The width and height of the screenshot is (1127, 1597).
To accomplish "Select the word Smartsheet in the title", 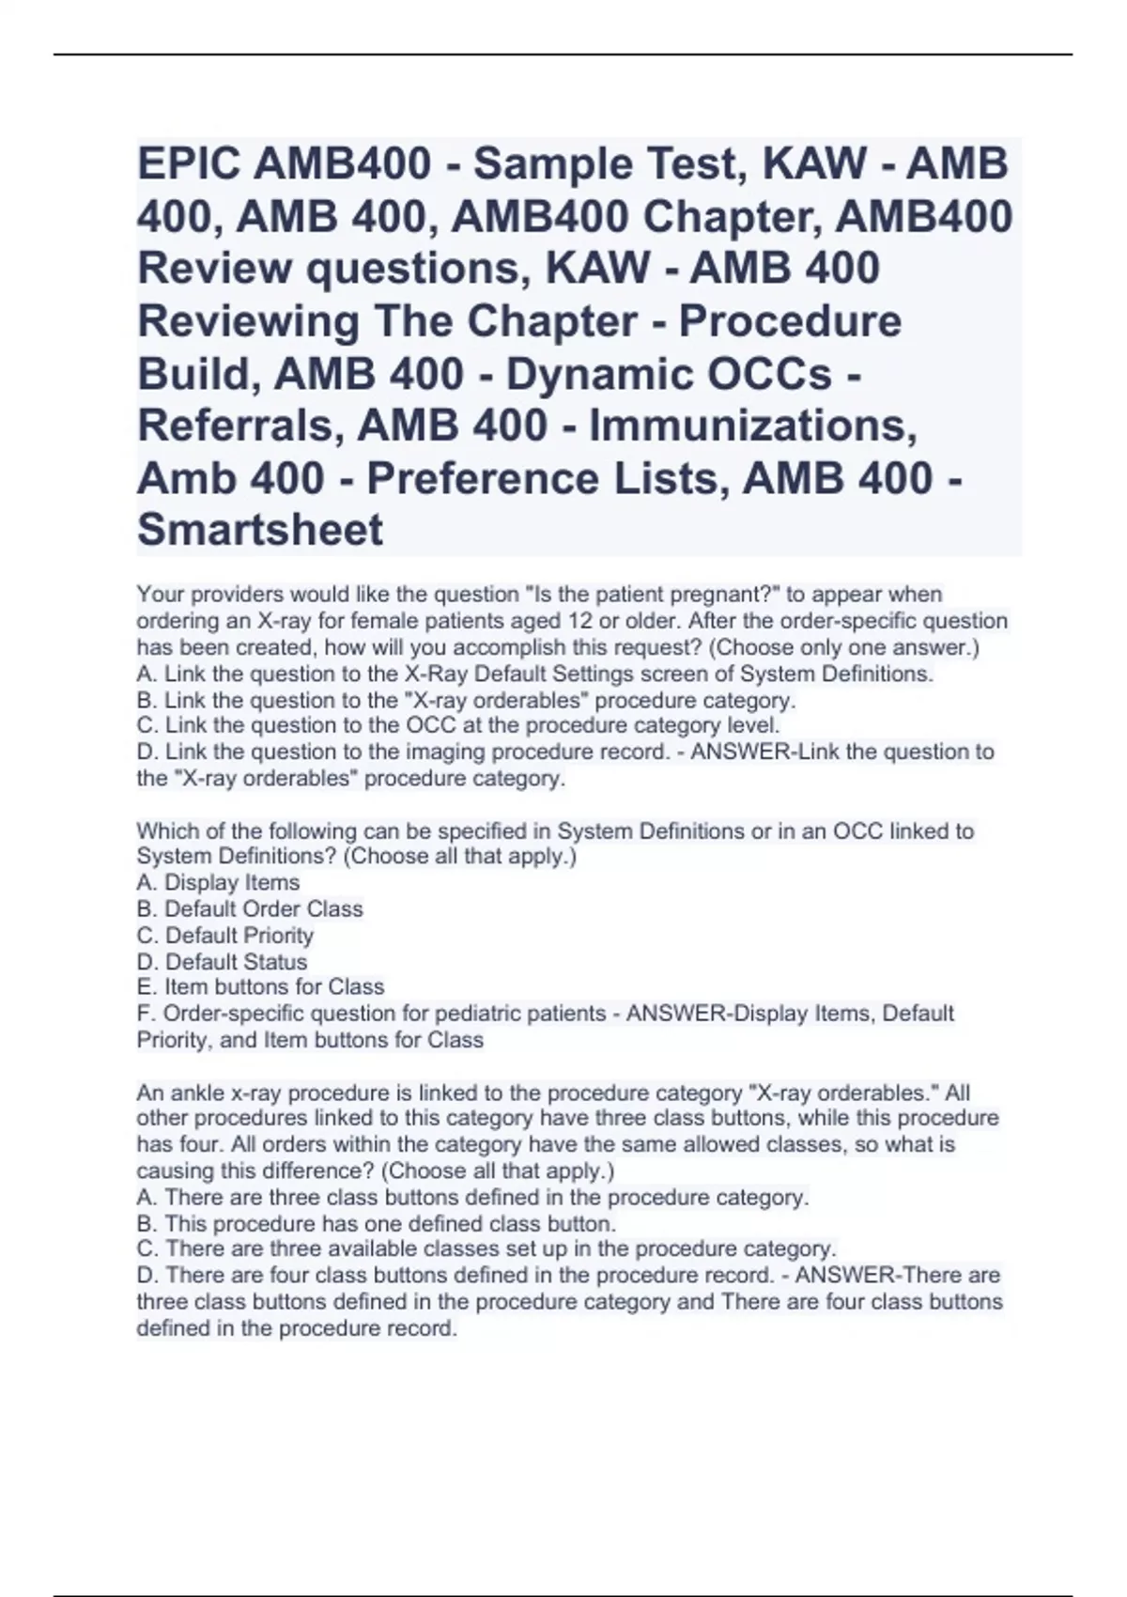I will point(260,529).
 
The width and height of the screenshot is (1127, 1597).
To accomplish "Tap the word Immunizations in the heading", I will point(751,426).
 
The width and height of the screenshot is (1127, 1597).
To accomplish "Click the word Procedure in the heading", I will point(790,321).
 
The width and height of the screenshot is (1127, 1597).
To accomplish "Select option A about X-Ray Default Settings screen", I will point(535,674).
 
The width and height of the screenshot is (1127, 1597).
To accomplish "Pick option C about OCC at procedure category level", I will point(458,725).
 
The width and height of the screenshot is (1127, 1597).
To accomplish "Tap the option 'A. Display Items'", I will point(218,883).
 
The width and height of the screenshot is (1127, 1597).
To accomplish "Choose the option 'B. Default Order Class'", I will point(250,909).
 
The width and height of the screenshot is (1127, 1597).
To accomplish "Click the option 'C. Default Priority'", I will point(225,936).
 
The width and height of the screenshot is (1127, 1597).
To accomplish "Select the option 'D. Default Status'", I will point(222,962).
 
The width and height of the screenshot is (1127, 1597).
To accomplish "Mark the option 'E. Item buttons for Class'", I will point(260,987).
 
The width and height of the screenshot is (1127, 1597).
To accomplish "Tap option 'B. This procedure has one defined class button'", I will point(376,1224).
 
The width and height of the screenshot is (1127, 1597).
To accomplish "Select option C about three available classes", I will point(486,1249).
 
